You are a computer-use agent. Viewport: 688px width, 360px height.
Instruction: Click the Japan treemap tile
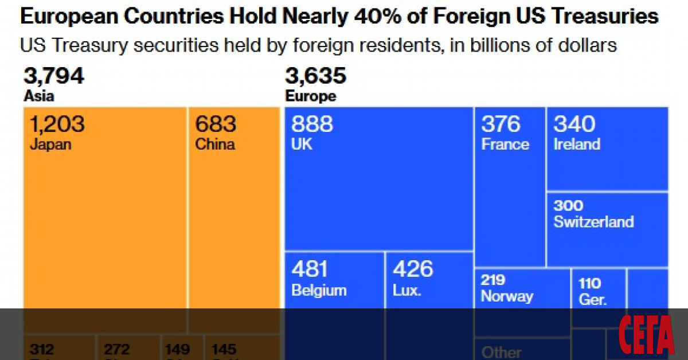point(105,218)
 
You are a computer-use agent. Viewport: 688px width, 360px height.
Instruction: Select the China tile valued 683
point(233,218)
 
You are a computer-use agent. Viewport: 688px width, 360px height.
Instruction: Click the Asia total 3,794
point(54,76)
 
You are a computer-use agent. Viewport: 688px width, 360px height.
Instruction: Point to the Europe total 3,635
point(316,76)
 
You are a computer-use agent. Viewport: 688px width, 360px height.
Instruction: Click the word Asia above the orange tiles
point(39,96)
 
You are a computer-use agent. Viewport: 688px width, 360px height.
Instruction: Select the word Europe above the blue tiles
point(311,96)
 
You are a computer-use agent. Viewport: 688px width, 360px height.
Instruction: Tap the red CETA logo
point(646,335)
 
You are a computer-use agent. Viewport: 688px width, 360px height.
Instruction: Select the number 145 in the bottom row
point(223,349)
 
